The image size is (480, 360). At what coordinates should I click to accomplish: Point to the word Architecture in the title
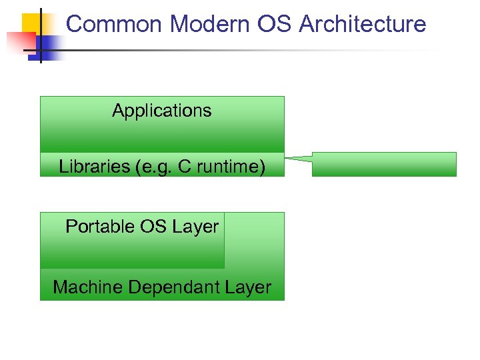tap(363, 25)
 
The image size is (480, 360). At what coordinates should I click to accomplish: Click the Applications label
tap(162, 111)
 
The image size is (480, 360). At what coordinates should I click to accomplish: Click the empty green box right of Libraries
tap(384, 164)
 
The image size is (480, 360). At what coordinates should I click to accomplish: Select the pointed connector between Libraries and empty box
tap(297, 159)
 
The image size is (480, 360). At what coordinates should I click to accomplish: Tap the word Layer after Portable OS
tap(195, 227)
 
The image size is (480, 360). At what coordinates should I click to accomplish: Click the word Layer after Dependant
tap(249, 287)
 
